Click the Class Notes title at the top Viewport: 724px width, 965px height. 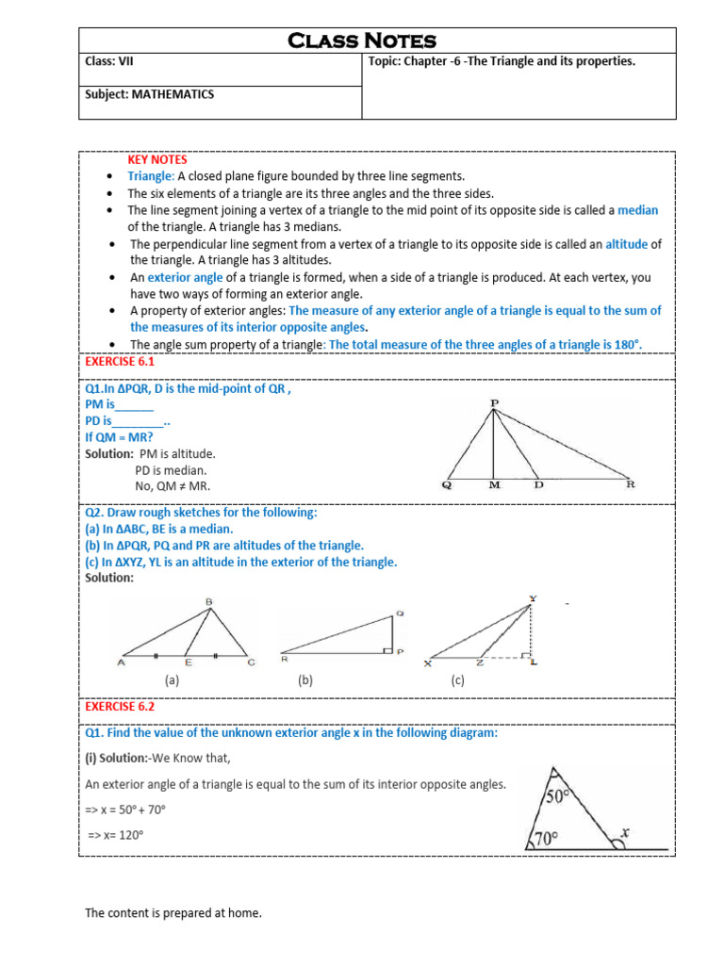[x=362, y=41]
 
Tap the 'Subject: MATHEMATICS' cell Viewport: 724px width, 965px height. [x=149, y=94]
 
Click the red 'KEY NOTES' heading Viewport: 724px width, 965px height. [x=157, y=160]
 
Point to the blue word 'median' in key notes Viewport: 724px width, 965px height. [x=637, y=210]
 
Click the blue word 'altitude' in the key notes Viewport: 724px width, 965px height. [x=626, y=244]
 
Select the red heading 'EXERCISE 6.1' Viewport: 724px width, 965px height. [x=120, y=361]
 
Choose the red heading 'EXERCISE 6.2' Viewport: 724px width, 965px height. [x=120, y=705]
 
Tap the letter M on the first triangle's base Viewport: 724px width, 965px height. [x=494, y=486]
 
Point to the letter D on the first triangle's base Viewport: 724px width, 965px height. [x=539, y=486]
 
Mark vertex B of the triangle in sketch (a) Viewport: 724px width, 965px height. [x=208, y=600]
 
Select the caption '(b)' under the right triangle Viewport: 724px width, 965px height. [x=304, y=680]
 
